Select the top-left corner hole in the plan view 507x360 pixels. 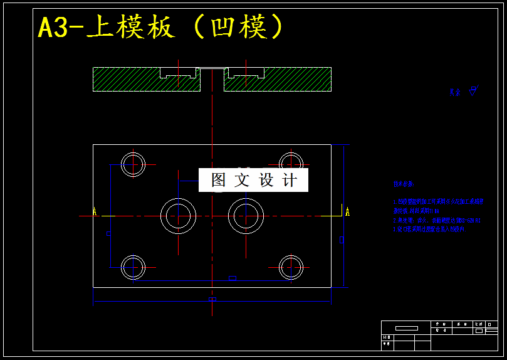(133, 164)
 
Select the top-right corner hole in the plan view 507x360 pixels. (291, 164)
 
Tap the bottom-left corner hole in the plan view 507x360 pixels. (133, 267)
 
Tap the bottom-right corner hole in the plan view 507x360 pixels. (291, 267)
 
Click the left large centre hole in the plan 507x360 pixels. (179, 216)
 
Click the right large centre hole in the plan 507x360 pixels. (246, 216)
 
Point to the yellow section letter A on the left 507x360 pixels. (95, 211)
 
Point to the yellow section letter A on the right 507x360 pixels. (347, 211)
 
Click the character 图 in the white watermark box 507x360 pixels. (218, 181)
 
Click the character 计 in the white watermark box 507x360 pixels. (290, 181)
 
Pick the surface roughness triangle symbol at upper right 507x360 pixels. (473, 90)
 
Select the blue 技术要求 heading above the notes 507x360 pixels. (403, 184)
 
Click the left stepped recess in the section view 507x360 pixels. (179, 72)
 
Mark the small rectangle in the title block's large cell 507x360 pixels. (406, 328)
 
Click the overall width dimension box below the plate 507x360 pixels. (212, 299)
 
